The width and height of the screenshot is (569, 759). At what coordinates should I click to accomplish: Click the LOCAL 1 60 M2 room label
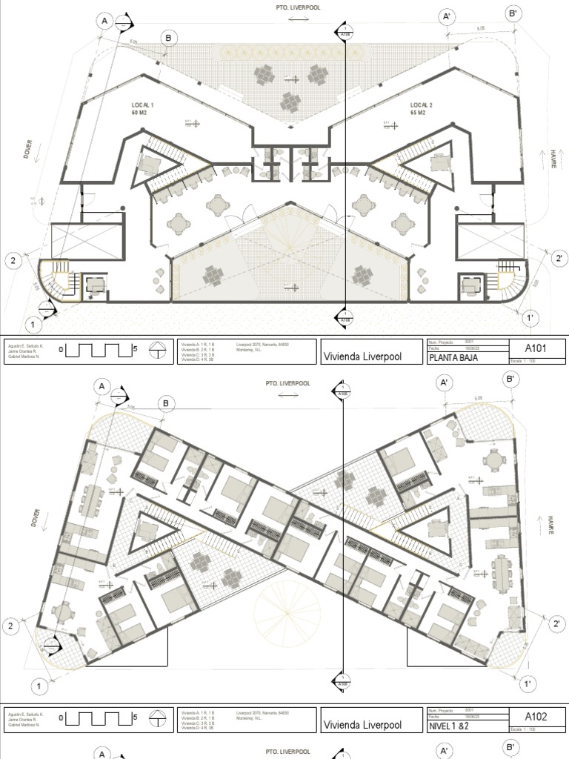(x=142, y=110)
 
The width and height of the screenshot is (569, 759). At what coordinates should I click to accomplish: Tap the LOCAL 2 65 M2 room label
(x=422, y=110)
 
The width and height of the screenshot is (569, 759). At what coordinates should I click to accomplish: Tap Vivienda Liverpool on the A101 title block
(x=362, y=356)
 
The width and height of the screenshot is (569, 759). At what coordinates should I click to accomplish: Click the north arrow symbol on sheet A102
(x=157, y=718)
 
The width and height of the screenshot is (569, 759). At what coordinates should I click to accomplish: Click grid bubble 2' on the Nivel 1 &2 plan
(x=558, y=624)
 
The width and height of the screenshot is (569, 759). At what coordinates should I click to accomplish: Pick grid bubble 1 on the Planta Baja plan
(x=33, y=324)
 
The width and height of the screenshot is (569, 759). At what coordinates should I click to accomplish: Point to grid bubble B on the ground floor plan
(x=168, y=38)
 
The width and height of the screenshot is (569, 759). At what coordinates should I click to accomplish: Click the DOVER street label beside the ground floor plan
(x=27, y=151)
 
